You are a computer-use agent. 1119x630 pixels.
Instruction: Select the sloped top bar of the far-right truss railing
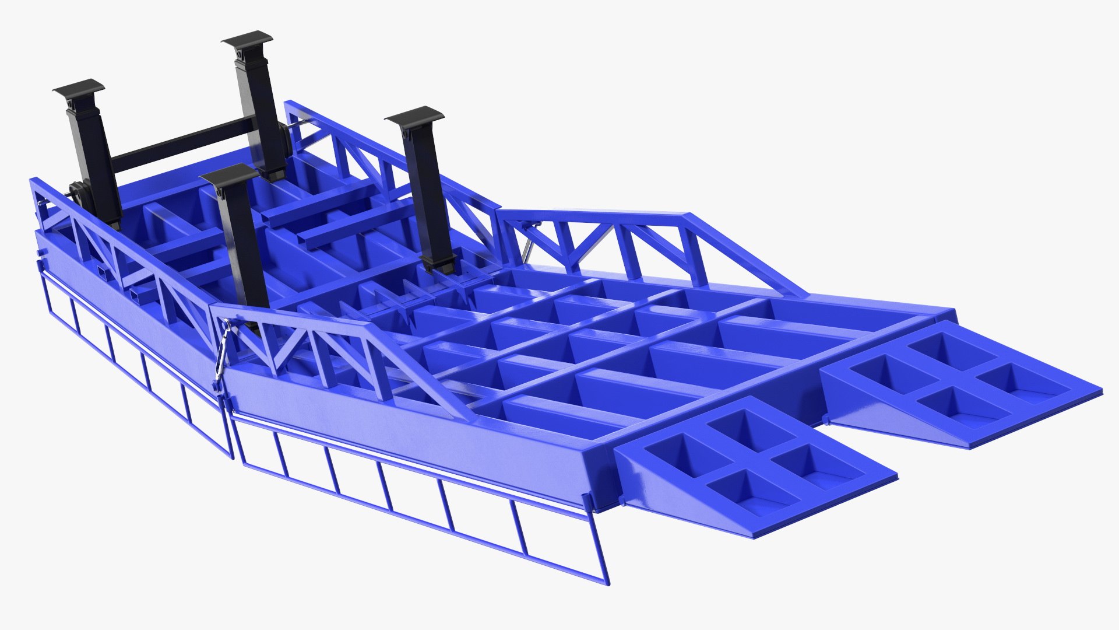(740, 245)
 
